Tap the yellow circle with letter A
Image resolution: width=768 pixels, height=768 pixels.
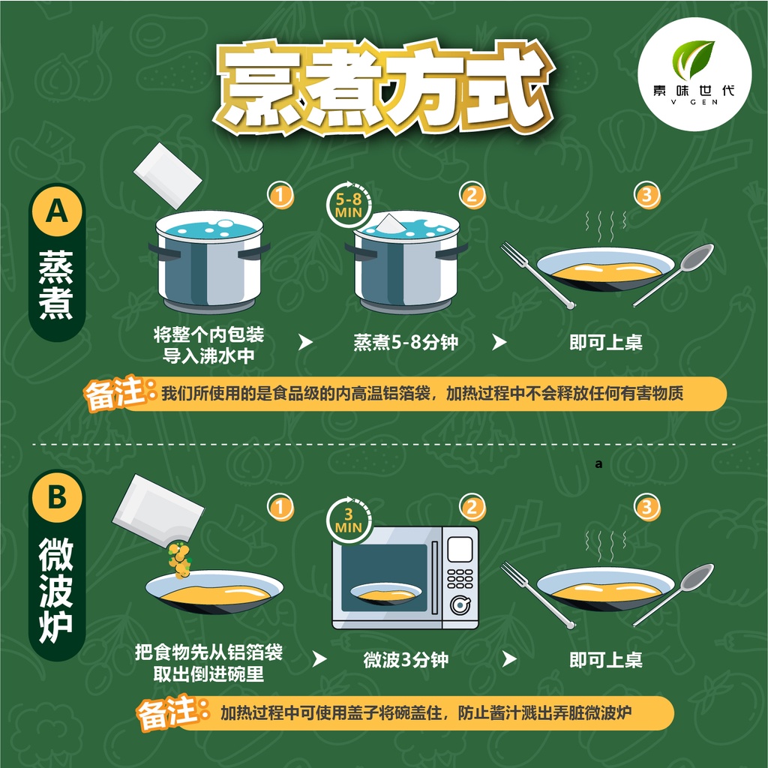click(x=57, y=211)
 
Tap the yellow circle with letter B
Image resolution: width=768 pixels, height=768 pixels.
click(x=57, y=496)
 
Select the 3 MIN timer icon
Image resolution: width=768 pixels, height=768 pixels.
click(x=349, y=520)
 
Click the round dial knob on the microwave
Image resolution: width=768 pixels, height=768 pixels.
click(x=460, y=606)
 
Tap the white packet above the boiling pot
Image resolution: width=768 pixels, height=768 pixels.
click(x=168, y=175)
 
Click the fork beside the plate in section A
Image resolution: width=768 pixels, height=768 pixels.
click(x=537, y=274)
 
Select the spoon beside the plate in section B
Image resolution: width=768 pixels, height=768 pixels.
click(x=674, y=594)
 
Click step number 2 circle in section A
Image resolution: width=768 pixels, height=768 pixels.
click(x=472, y=196)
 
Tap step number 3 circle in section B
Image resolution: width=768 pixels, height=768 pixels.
click(x=647, y=507)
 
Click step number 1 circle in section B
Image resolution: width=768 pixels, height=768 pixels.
click(x=280, y=507)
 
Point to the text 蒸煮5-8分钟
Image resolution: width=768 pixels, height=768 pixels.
click(x=406, y=342)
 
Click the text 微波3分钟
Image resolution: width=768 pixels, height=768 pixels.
click(x=406, y=660)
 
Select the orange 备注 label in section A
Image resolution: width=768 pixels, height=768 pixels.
click(x=115, y=393)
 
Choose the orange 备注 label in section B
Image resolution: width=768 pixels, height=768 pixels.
click(x=168, y=712)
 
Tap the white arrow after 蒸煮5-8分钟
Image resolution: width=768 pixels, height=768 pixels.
click(x=499, y=342)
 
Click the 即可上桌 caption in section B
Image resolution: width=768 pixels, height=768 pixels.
click(x=606, y=660)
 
